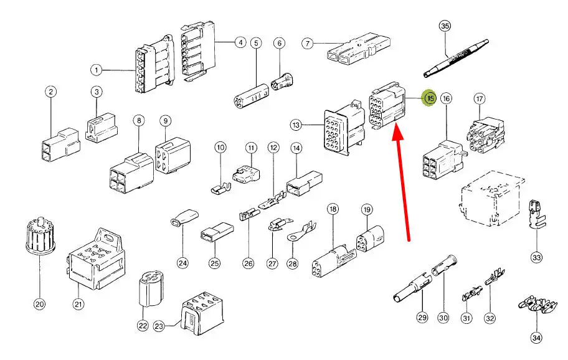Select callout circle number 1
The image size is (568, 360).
click(97, 69)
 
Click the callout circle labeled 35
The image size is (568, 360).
click(445, 26)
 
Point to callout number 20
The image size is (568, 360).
click(39, 305)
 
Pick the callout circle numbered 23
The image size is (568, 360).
click(159, 325)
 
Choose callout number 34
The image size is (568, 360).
click(536, 338)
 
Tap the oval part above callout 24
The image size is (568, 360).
click(182, 218)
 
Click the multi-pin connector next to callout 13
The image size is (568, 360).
click(340, 127)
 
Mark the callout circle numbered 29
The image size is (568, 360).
click(422, 318)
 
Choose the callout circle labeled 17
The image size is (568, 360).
click(479, 99)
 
